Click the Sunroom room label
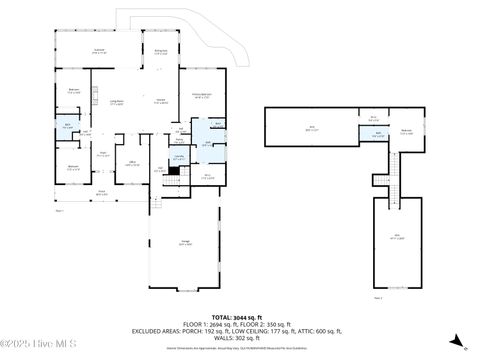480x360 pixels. (99, 50)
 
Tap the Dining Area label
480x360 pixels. (160, 50)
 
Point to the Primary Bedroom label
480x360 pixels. (201, 97)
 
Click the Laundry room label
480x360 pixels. (179, 157)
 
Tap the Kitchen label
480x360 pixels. (160, 101)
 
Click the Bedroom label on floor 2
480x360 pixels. (406, 131)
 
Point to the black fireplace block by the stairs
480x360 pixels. (172, 171)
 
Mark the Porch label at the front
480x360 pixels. (100, 190)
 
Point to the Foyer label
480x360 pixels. (102, 153)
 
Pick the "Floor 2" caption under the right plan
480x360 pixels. (378, 297)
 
